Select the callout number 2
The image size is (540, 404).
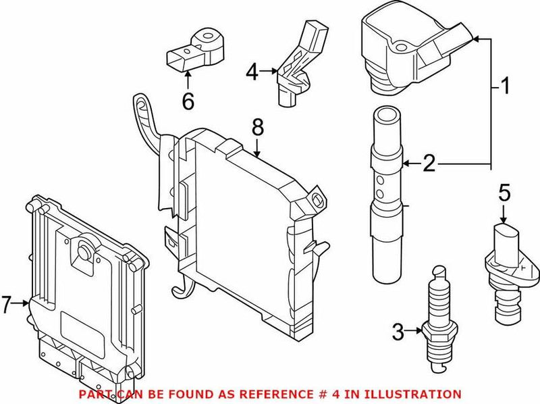click(429, 162)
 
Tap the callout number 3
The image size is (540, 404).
click(398, 331)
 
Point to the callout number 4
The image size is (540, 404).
click(252, 70)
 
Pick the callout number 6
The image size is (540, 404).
click(188, 101)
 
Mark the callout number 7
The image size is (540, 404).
click(7, 305)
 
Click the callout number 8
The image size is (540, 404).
click(258, 126)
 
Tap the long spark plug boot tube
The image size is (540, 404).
click(387, 196)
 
